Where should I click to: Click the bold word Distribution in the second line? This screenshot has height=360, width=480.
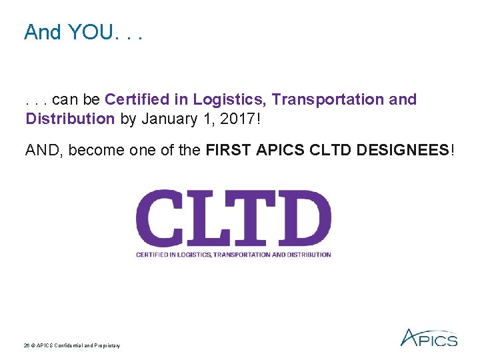click(x=70, y=119)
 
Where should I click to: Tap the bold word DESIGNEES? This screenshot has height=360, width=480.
click(x=403, y=150)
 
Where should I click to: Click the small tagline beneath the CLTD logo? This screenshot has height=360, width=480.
click(x=233, y=255)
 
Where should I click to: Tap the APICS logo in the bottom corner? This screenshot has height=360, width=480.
click(x=429, y=338)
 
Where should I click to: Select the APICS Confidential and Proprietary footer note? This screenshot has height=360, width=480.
click(x=72, y=345)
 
